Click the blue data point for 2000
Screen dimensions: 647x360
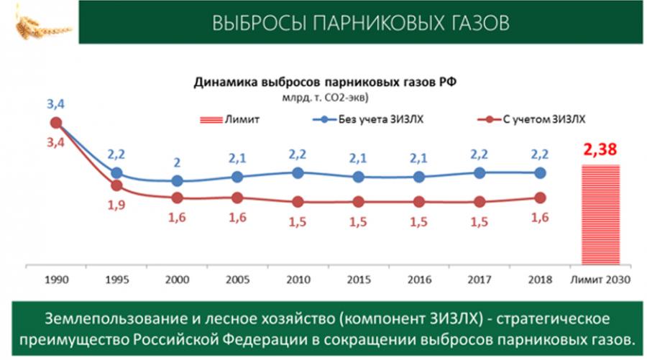(177, 180)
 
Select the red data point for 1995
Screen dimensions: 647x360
(116, 185)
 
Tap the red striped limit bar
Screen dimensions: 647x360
(601, 214)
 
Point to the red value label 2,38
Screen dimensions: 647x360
(600, 149)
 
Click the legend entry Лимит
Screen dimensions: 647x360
(229, 119)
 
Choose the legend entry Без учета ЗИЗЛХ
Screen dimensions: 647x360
(368, 119)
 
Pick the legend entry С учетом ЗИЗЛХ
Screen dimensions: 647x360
(531, 119)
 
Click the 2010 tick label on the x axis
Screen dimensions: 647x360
(298, 280)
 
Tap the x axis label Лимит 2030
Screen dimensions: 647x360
(600, 280)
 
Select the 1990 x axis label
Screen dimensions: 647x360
(57, 280)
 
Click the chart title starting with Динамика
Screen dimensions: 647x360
(325, 82)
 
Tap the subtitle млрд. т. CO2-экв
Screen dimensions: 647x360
(325, 98)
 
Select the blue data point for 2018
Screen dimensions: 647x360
(540, 173)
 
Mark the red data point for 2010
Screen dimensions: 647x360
(298, 202)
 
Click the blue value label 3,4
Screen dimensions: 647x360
(55, 104)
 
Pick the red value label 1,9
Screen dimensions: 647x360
(116, 205)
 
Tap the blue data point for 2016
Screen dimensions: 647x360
(419, 177)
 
